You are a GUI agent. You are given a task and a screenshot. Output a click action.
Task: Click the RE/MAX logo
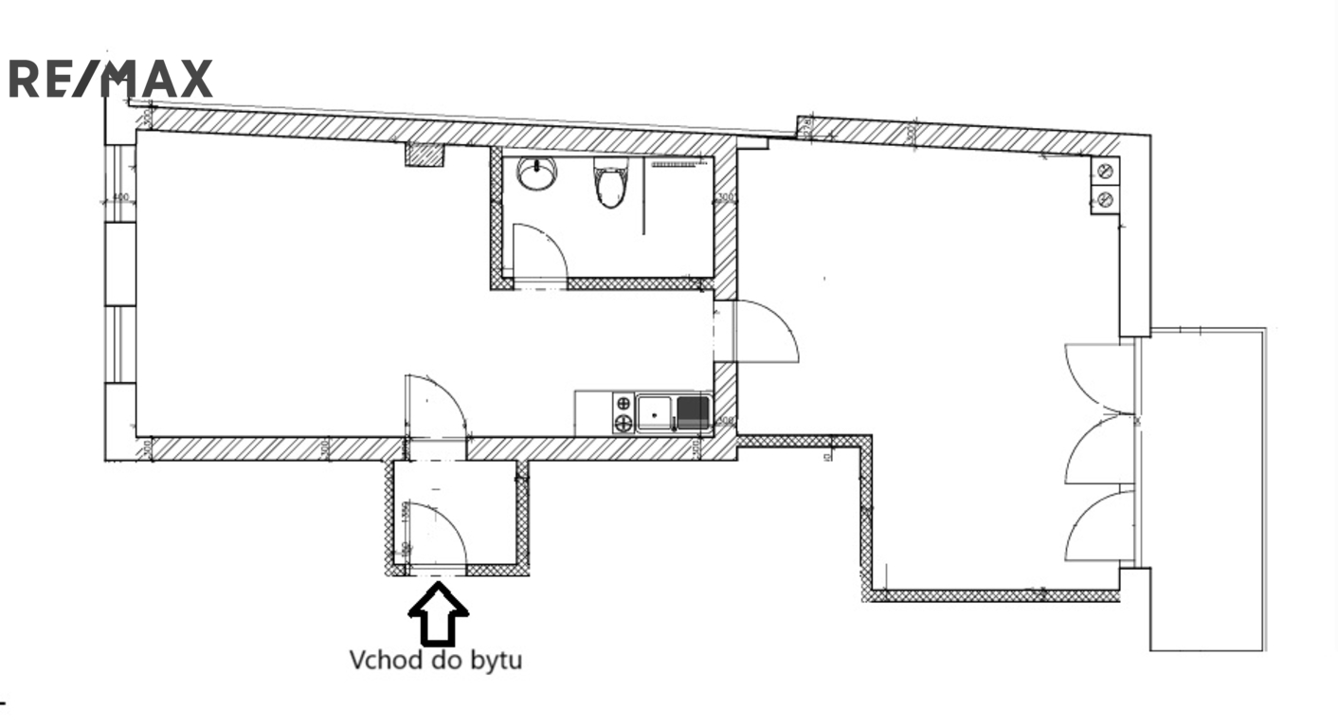pos(110,79)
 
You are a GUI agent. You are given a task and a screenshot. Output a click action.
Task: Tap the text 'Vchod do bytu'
pos(436,660)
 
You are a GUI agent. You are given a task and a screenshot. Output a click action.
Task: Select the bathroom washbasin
pos(537,173)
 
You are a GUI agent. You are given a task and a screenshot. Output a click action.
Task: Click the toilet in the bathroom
pos(610,184)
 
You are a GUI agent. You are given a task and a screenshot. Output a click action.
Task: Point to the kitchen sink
pos(655,412)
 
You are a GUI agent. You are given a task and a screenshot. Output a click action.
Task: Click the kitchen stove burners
pos(624,413)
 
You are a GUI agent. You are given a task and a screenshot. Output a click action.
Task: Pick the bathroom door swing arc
pos(541,251)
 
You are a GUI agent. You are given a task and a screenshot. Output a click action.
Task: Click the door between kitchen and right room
pos(765,331)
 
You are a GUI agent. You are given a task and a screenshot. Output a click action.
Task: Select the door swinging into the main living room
pos(435,404)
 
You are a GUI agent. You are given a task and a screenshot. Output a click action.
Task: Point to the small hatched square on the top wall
pos(425,155)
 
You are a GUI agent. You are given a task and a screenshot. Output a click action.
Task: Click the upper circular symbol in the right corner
pos(1104,172)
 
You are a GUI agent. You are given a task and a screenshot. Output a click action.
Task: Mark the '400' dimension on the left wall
pos(119,198)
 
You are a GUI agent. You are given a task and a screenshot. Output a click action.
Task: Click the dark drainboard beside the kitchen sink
pos(693,409)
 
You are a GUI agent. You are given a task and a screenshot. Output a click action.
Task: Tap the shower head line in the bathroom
pos(679,163)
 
